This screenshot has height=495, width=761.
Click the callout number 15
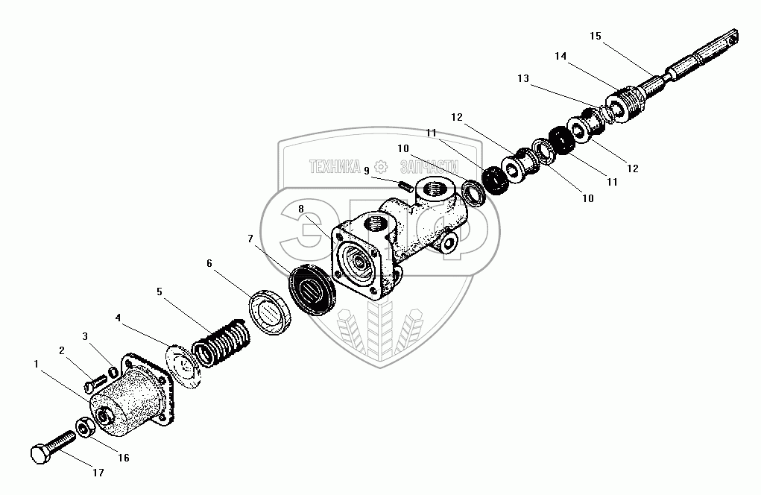coord(594,35)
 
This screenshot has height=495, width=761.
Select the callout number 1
coord(36,364)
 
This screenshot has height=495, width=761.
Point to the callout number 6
coord(209,263)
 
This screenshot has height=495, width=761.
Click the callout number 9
coord(367,170)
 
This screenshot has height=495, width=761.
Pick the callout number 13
coord(523,78)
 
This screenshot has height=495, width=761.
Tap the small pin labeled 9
coord(405,186)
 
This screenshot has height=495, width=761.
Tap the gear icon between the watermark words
coord(381,166)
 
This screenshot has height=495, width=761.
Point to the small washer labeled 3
coord(113,372)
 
